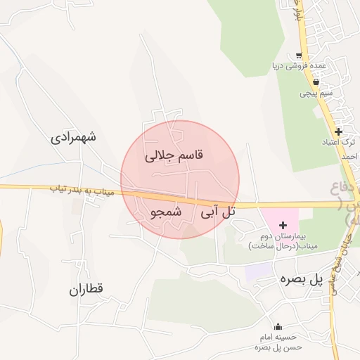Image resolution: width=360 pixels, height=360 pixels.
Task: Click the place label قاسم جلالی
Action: click(x=173, y=156)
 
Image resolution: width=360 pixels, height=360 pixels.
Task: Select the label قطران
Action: click(x=86, y=289)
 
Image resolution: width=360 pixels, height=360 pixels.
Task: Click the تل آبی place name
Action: click(x=218, y=211)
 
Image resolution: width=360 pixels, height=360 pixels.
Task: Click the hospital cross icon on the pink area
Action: click(x=283, y=226)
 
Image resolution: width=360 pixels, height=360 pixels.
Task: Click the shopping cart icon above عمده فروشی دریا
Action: click(x=300, y=56)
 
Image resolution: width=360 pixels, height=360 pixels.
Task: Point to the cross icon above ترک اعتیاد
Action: click(x=338, y=131)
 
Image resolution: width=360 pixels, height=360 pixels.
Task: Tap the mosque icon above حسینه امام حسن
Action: click(x=278, y=326)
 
